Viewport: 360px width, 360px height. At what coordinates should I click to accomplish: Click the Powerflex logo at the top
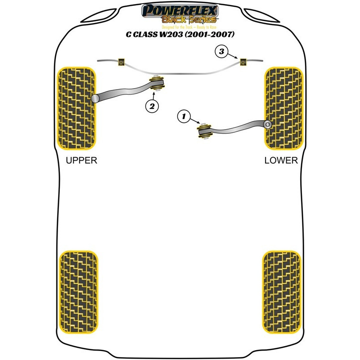180,10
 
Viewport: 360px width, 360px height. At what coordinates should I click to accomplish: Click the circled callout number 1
183,117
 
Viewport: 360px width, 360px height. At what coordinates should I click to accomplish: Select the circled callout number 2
152,106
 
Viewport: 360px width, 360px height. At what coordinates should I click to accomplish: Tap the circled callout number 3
221,52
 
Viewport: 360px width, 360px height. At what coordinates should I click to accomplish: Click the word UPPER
81,160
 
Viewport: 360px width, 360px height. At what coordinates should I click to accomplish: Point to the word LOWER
281,160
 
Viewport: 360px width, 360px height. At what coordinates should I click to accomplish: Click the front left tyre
77,108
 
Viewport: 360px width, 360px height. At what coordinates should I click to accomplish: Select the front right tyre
283,108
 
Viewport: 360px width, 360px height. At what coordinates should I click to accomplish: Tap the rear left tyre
78,290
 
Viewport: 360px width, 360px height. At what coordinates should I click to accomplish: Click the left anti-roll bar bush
120,61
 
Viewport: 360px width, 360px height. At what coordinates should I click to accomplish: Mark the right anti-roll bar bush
244,62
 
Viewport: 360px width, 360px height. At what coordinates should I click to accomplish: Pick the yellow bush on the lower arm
204,130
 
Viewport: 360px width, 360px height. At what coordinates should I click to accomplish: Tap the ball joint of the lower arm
268,125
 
